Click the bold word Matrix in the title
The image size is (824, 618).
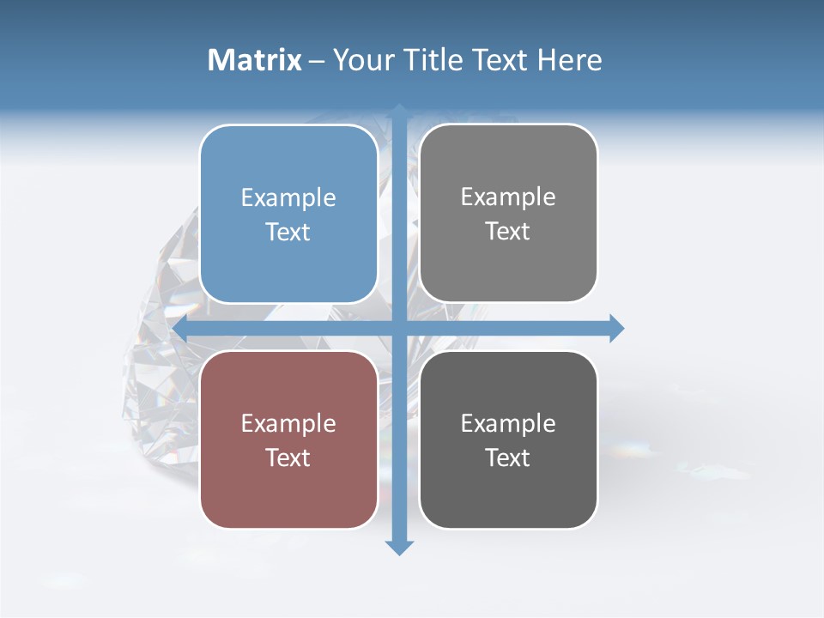[x=255, y=60]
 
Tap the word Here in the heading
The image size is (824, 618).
[x=569, y=60]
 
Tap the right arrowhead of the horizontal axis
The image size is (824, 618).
[x=616, y=328]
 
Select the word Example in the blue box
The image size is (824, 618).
[x=288, y=198]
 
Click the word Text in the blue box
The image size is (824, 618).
[x=288, y=232]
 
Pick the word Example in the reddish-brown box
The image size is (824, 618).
[x=288, y=424]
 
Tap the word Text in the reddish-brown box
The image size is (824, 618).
[x=288, y=457]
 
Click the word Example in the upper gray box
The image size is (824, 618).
[x=508, y=197]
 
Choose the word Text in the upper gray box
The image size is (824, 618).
[x=508, y=231]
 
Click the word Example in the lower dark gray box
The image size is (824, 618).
[x=508, y=424]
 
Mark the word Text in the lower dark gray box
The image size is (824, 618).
[x=508, y=457]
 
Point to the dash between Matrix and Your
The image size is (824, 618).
[x=318, y=61]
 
